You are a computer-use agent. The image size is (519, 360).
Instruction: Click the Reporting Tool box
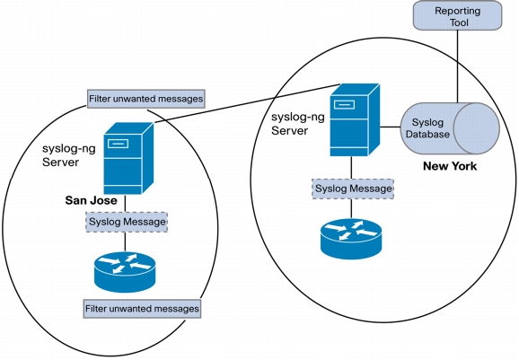pos(457,15)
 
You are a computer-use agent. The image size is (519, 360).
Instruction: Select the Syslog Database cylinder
pos(450,128)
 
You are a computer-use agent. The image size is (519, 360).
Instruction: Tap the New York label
pos(450,166)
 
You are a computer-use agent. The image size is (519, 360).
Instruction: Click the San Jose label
pos(91,200)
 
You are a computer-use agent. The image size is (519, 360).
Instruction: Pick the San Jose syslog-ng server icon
pos(128,158)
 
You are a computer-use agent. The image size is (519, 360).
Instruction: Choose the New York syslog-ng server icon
pos(355,119)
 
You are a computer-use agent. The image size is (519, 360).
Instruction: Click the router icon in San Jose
pos(125,272)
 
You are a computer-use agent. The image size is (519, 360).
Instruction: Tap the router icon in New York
pos(351,239)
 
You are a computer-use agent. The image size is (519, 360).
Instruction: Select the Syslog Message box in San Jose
pos(127,222)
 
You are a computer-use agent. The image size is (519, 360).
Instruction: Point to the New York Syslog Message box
pos(353,189)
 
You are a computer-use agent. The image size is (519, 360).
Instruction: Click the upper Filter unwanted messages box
pos(146,99)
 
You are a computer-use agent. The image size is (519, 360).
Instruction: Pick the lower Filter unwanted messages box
pos(142,309)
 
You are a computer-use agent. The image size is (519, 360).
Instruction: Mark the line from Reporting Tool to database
pos(458,66)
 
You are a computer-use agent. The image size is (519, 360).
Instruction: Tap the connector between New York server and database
pos(391,127)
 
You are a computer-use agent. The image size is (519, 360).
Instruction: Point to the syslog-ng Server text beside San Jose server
pos(69,155)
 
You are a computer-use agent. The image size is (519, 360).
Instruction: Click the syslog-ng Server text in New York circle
pos(298,124)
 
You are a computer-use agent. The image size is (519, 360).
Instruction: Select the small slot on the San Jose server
pos(119,144)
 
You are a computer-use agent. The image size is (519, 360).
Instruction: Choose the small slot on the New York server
pos(344,104)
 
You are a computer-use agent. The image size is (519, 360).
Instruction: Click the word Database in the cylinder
pos(427,135)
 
